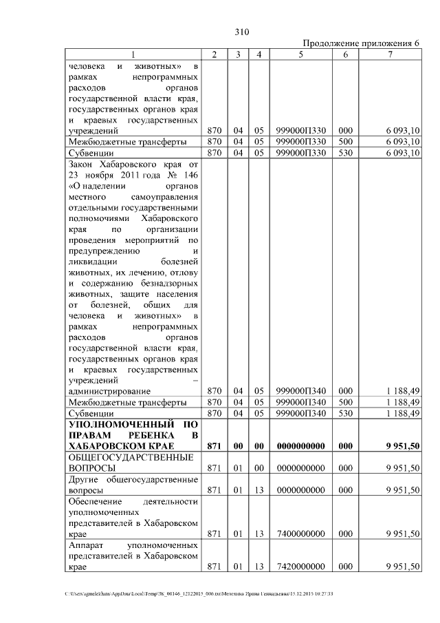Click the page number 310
[x=241, y=32]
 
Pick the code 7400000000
[x=300, y=533]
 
